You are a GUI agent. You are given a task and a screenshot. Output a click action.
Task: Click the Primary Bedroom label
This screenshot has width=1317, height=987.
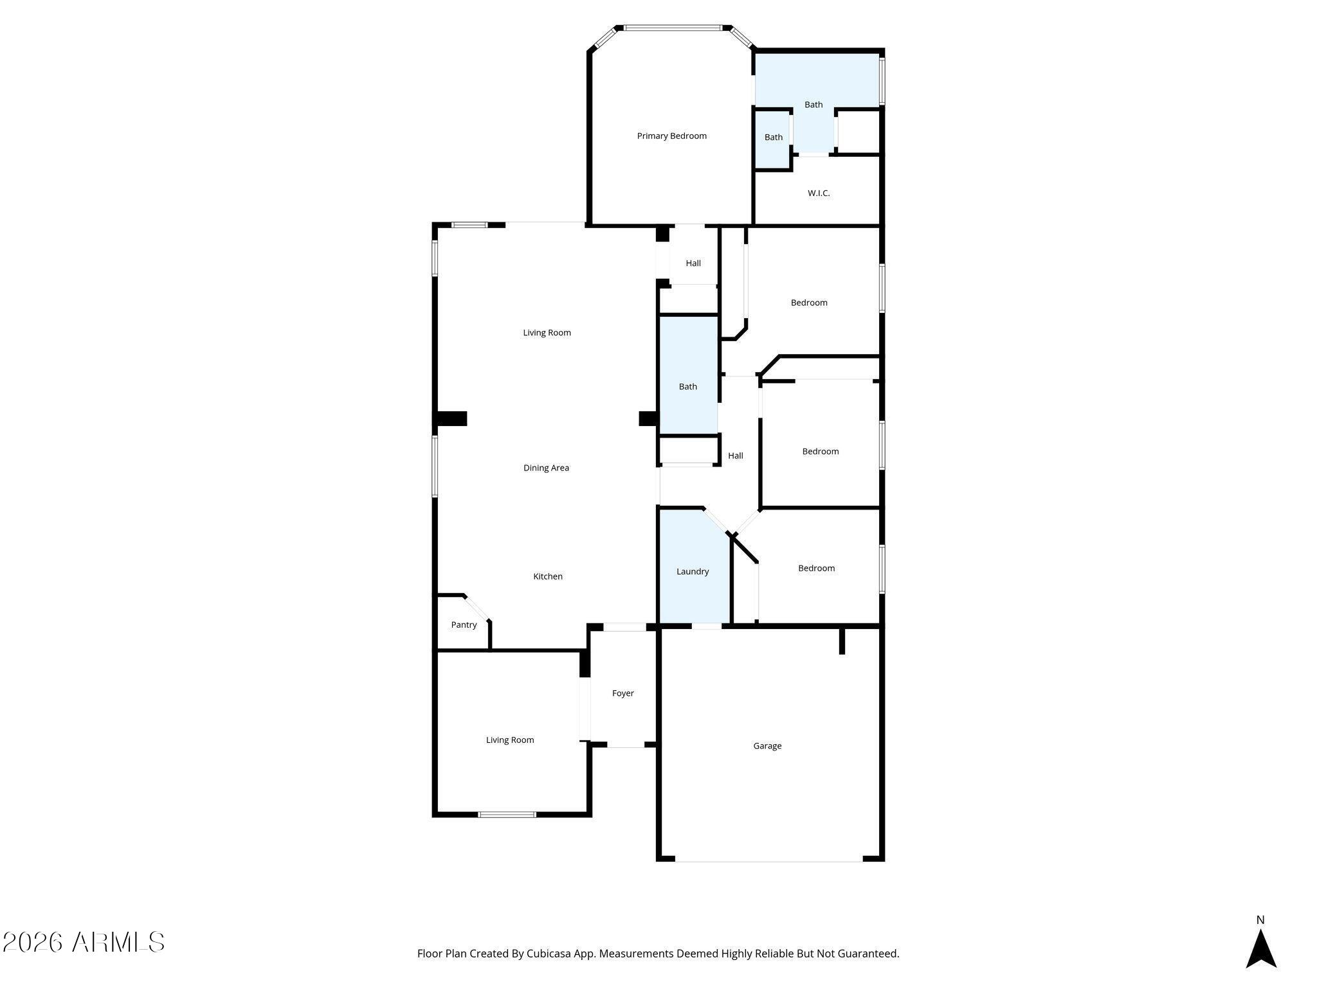[671, 136]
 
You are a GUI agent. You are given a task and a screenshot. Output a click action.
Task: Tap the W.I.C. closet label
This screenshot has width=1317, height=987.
[819, 193]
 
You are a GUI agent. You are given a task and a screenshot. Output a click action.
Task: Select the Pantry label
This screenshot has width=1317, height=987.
[464, 625]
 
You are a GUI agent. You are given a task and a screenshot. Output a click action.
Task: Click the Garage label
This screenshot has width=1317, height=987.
[767, 746]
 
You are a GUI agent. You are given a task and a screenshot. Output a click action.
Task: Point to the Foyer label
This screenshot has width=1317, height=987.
[622, 693]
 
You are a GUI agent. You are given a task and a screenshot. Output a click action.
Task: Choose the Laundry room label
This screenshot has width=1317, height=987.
[693, 571]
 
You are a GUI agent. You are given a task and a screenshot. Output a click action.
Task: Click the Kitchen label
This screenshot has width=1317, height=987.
[548, 576]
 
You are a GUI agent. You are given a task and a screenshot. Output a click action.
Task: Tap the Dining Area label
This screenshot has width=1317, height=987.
[546, 468]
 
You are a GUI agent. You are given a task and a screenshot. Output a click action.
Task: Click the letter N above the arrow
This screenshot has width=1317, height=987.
[1260, 920]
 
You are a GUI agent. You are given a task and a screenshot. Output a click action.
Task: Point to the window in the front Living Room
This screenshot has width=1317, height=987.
[507, 815]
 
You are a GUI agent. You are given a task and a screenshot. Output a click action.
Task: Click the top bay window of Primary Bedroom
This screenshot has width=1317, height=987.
[672, 28]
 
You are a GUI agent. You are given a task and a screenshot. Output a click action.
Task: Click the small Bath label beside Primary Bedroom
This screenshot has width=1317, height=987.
[774, 137]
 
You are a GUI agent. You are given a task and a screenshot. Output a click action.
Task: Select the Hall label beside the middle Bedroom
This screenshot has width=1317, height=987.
[736, 456]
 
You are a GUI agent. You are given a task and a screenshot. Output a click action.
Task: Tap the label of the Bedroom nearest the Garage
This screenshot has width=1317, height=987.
[816, 568]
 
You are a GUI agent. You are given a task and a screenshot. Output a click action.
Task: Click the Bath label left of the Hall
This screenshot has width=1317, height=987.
[688, 386]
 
